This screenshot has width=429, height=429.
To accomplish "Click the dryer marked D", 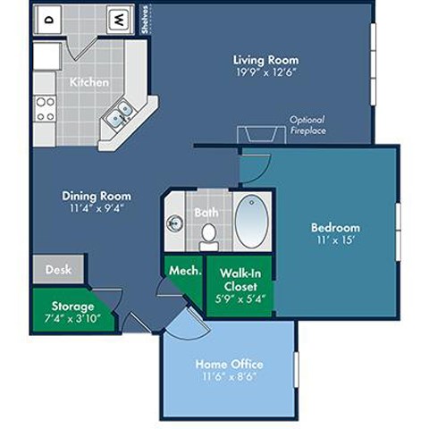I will click(x=49, y=18).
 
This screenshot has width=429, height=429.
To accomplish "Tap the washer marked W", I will click(x=118, y=18).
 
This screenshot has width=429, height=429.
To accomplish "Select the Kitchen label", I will click(x=89, y=82).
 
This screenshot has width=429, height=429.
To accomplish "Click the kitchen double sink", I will click(x=118, y=114).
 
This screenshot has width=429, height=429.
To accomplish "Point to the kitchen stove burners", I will click(x=45, y=109).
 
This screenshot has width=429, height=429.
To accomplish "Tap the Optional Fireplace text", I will click(x=307, y=124).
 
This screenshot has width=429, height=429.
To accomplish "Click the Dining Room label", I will click(x=97, y=196).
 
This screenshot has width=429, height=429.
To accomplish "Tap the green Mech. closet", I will click(x=183, y=268).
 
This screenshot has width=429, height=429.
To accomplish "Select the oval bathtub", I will click(x=254, y=221).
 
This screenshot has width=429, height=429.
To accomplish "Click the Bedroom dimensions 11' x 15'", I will click(x=335, y=240).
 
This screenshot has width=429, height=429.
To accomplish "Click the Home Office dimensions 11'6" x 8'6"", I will click(x=228, y=376).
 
